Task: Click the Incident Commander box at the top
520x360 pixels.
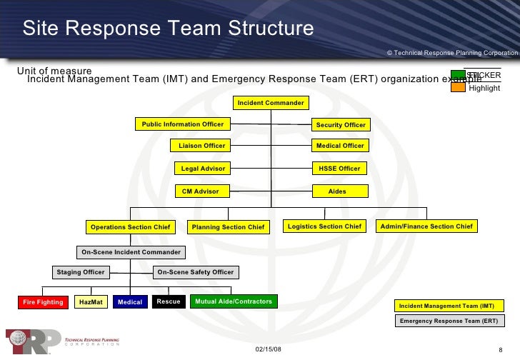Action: click(271, 103)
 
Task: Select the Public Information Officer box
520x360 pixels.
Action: click(183, 124)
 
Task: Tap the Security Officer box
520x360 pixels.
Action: click(341, 125)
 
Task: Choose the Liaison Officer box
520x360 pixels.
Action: click(201, 146)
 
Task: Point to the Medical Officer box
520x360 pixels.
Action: click(341, 146)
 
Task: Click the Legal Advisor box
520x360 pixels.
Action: click(203, 169)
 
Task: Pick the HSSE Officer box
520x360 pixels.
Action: click(340, 169)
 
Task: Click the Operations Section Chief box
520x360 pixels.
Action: click(130, 227)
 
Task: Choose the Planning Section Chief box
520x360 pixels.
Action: click(227, 227)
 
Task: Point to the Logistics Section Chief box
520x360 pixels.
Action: click(324, 226)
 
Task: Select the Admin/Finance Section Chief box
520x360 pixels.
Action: click(426, 226)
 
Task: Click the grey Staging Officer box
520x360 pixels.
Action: click(81, 272)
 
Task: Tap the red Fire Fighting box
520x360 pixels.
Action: click(44, 302)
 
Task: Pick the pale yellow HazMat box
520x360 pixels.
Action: click(91, 302)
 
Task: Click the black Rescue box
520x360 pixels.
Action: click(169, 301)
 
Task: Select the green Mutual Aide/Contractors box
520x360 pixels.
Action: click(233, 301)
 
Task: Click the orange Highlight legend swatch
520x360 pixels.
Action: click(458, 88)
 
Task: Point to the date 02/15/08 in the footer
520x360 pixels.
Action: click(268, 349)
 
